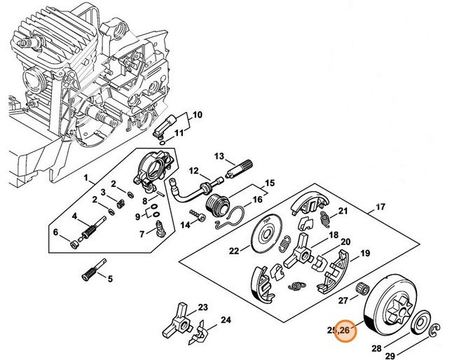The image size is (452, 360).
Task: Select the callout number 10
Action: tap(197, 114)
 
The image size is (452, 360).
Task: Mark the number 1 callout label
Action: tap(86, 179)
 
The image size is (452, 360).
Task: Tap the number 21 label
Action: tap(343, 211)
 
